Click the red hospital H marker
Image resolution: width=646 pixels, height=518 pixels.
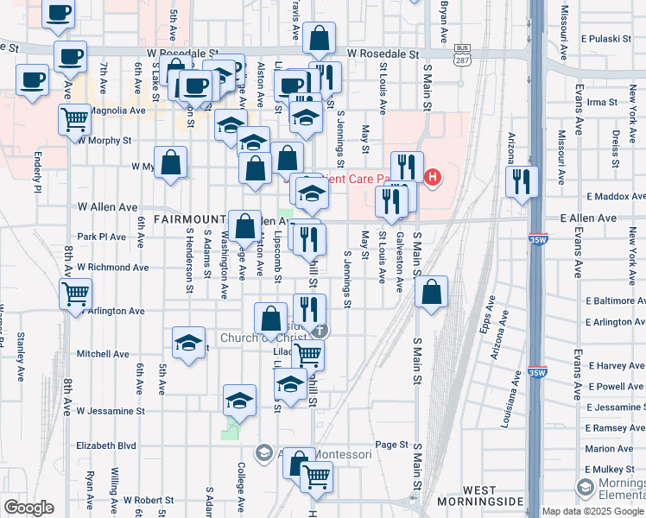tap(433, 180)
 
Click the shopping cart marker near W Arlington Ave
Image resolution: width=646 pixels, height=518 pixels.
tap(76, 294)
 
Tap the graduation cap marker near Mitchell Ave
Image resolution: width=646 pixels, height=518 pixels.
tap(188, 343)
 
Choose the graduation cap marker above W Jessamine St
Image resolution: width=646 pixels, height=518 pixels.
tap(239, 400)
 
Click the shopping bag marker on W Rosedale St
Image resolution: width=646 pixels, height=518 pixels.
tap(319, 39)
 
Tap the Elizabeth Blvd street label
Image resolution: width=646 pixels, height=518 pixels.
tap(106, 446)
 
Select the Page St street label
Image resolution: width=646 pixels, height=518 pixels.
tap(391, 445)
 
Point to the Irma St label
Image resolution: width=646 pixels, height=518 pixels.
tap(600, 102)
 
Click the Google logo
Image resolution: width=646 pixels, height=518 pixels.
tap(28, 508)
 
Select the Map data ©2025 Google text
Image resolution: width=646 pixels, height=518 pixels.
tap(592, 511)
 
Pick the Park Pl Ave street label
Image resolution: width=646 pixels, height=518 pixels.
tap(102, 237)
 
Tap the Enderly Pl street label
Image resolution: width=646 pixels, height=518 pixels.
tap(38, 172)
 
